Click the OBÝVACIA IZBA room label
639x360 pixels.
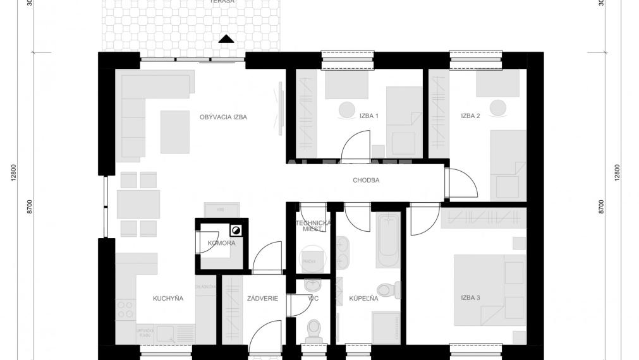pyautogui.click(x=223, y=117)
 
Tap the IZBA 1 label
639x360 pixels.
pyautogui.click(x=368, y=116)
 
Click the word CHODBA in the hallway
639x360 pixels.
pyautogui.click(x=366, y=180)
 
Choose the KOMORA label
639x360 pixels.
pyautogui.click(x=221, y=243)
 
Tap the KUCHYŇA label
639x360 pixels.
pyautogui.click(x=168, y=298)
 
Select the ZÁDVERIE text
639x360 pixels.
pyautogui.click(x=263, y=298)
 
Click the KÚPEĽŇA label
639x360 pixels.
pyautogui.click(x=363, y=298)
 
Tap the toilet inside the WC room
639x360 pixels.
pyautogui.click(x=312, y=329)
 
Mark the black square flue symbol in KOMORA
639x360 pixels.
pyautogui.click(x=236, y=230)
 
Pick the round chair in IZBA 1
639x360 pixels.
pyautogui.click(x=347, y=109)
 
